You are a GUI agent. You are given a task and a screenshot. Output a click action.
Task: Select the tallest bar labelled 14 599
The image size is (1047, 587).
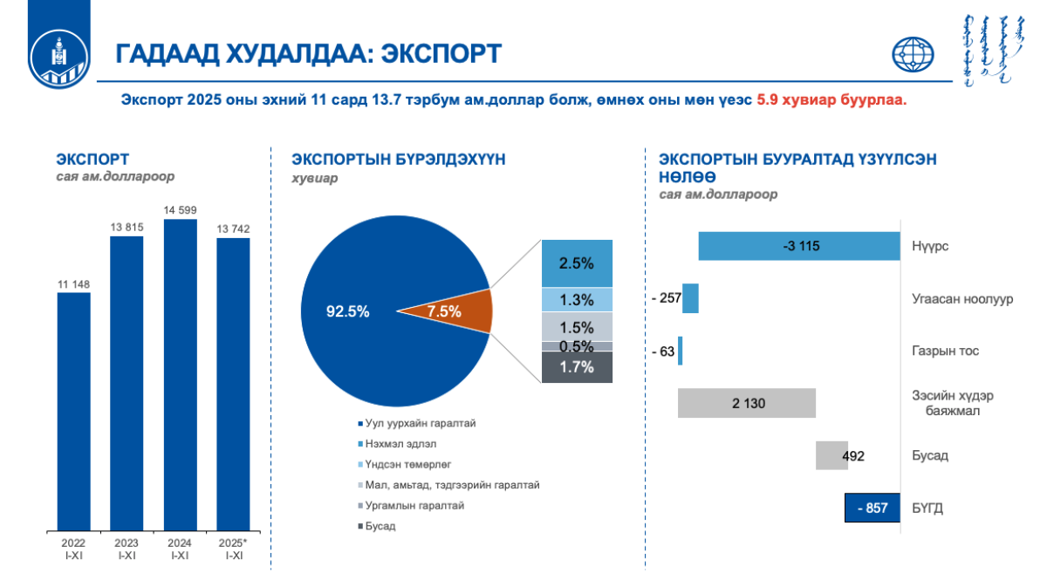[x=181, y=375]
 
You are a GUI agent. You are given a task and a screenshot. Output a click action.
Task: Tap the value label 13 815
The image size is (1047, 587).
[x=127, y=227]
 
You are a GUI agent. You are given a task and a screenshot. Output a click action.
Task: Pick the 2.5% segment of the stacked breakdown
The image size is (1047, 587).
[x=577, y=263]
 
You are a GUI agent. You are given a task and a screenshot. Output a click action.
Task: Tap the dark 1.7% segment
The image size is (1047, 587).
[x=577, y=367]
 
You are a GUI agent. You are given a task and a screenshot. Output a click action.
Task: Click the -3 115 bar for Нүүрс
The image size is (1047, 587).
[x=799, y=246]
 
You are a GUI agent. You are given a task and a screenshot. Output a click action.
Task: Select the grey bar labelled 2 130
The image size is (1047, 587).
[x=747, y=403]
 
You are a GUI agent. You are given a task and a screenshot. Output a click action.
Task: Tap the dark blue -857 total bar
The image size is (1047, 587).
[x=872, y=508]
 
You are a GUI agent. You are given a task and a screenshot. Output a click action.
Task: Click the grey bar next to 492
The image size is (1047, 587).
[x=831, y=455]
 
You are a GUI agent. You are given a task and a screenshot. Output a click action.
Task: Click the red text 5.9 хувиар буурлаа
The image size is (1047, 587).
[x=831, y=100]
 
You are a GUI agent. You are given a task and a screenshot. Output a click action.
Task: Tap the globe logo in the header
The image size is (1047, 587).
[x=913, y=55]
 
